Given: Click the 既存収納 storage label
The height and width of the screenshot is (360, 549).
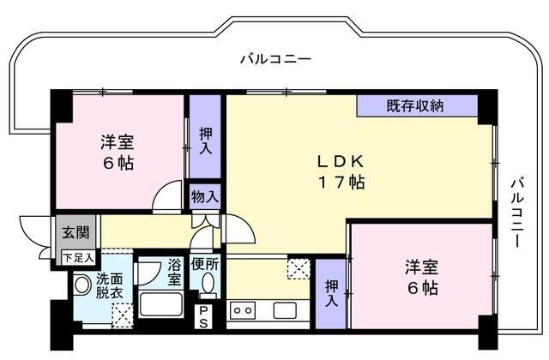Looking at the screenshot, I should click(x=414, y=106).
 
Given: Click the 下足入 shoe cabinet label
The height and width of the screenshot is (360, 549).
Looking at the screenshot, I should click(x=77, y=257).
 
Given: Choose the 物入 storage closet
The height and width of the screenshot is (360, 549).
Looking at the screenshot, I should click(x=205, y=197).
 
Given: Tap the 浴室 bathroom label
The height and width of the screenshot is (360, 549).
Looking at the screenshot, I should click(x=173, y=273).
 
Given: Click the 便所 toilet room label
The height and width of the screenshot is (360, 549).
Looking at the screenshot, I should click(x=205, y=264).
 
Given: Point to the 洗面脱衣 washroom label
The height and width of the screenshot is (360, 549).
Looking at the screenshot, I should click(x=109, y=285).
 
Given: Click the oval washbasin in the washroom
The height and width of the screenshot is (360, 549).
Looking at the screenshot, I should click(x=82, y=284).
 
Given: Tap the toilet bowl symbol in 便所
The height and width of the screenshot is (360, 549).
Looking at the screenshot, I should click(x=206, y=286).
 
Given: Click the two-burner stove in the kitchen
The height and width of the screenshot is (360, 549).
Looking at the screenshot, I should click(x=243, y=310).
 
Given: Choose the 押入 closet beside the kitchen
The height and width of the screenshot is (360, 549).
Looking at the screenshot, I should click(x=330, y=293).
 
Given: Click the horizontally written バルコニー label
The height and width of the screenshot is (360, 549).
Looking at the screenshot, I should click(x=274, y=59).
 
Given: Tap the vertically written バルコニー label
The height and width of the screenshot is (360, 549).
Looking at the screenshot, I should click(x=517, y=213).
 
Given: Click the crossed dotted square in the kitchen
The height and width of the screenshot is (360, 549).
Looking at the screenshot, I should click(x=299, y=267).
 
